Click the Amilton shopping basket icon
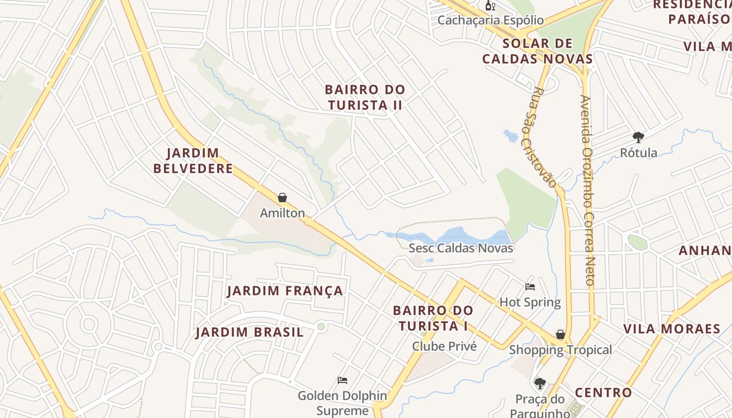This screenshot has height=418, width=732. [282, 198]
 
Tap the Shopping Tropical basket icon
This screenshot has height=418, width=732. [561, 334]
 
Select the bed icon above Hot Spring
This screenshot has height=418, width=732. [530, 286]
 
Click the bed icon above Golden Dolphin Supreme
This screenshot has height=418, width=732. [342, 380]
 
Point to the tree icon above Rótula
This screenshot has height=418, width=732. [638, 137]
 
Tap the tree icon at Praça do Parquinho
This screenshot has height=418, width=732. [540, 384]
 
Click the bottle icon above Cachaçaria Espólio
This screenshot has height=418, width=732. [490, 6]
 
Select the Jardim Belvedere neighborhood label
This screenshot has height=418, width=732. [200, 161]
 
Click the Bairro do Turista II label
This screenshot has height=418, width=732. [365, 97]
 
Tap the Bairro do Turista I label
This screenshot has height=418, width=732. [433, 318]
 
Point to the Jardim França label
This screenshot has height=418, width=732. [285, 291]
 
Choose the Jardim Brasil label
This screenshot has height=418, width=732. [249, 332]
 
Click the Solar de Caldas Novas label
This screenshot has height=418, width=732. [537, 51]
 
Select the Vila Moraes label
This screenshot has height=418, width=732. [672, 329]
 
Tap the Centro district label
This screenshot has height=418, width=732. [603, 392]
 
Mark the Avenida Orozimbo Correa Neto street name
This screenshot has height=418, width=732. [588, 190]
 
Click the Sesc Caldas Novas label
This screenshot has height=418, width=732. [461, 248]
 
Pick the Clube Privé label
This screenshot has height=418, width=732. [444, 346]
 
